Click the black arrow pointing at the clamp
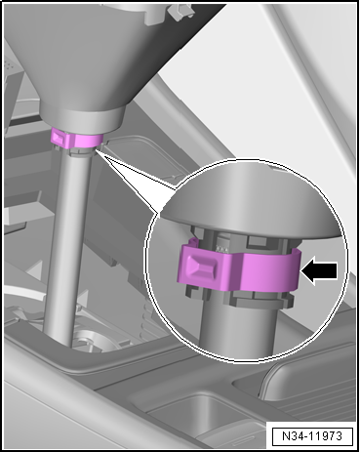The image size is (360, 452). [319, 271]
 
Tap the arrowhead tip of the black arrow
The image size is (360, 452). [301, 271]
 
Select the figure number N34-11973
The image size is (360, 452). [312, 435]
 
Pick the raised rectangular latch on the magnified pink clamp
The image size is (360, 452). [202, 264]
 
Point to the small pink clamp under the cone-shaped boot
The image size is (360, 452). [77, 139]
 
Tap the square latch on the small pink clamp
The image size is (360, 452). [59, 137]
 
